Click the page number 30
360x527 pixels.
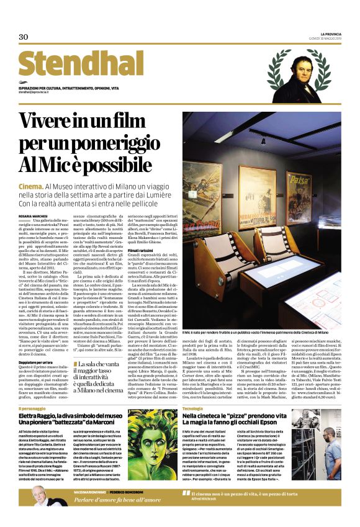pyautogui.click(x=24, y=37)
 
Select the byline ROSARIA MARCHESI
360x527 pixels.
pyautogui.click(x=32, y=216)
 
